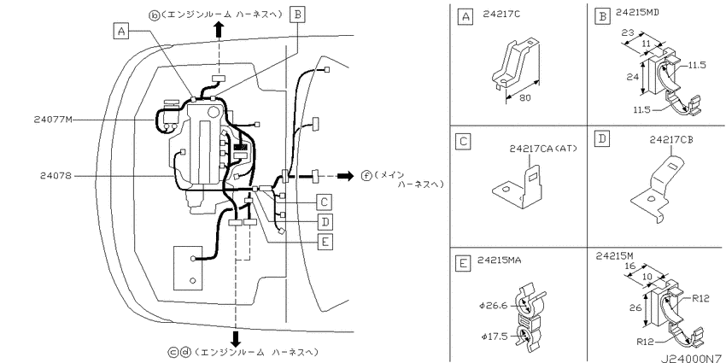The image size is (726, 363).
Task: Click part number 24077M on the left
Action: pos(53,120)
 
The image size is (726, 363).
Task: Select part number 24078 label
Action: pos(56,176)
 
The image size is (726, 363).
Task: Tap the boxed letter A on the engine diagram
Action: pos(120,31)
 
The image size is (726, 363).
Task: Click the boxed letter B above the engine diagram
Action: pos(297,15)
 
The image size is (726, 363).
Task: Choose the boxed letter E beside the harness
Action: pos(325,242)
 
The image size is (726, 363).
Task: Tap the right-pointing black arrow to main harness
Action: pos(344,176)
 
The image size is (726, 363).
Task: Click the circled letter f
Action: pos(366,176)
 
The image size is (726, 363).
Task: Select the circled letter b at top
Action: pos(153,15)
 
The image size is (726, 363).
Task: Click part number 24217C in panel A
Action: pos(501,14)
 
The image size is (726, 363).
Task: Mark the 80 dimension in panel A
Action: pos(526,98)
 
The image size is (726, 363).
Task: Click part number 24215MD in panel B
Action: pos(637,13)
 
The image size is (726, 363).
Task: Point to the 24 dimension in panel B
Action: pos(631,76)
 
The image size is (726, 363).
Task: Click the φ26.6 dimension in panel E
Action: pos(494,306)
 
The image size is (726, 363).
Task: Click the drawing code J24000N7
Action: pos(691,359)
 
